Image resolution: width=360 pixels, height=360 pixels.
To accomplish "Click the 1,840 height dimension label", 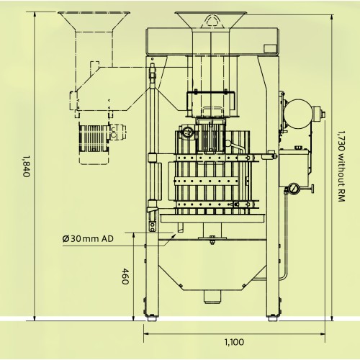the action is tap(26, 166).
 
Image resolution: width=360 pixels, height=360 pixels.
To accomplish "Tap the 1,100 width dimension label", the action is tap(234, 342).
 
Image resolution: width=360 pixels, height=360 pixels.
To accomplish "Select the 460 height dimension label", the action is tap(125, 276).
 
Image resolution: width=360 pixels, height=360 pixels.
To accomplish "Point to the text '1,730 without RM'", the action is tap(341, 166).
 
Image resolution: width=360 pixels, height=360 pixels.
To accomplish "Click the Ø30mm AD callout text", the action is tap(88, 239).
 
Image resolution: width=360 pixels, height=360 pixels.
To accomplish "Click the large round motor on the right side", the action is tap(298, 114).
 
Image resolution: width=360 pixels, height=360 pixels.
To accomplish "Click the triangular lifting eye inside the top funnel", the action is tap(212, 20).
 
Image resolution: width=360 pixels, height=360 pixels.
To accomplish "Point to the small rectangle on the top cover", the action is tap(271, 48).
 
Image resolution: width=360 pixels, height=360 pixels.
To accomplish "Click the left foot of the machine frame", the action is tap(151, 318).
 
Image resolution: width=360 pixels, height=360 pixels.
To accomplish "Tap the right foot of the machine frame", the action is tap(273, 318).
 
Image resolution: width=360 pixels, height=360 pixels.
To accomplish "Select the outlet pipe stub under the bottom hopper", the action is tap(212, 297).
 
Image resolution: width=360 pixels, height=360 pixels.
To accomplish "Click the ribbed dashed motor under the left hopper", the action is tap(94, 138).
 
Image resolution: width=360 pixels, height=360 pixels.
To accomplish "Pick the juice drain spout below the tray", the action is tap(180, 228).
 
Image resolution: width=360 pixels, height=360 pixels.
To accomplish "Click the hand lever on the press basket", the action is tap(235, 146).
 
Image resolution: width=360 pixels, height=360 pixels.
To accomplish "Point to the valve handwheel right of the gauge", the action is tap(312, 189).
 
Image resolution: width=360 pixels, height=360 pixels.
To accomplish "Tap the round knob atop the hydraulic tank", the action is tap(298, 147).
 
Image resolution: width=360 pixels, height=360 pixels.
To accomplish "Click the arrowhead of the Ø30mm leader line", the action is tap(174, 236).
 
